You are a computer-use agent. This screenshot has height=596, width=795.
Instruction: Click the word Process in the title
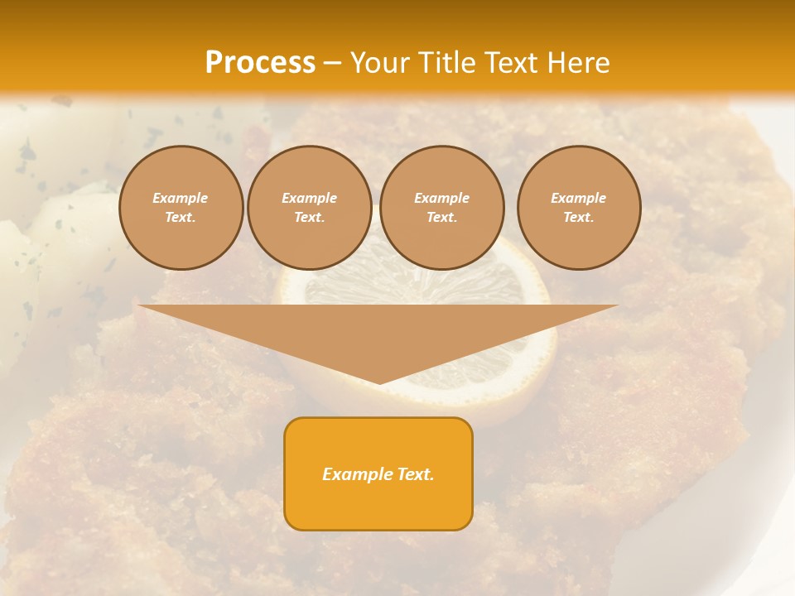click(260, 63)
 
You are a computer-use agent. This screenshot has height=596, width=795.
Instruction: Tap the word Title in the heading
click(448, 63)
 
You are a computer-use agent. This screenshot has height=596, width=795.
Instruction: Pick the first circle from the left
click(181, 208)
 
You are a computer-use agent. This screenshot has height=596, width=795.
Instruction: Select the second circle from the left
click(310, 208)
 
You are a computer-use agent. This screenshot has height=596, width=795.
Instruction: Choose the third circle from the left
click(442, 208)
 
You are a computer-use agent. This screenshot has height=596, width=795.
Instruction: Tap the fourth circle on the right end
click(579, 208)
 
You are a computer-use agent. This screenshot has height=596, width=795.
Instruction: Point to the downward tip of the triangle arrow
click(379, 382)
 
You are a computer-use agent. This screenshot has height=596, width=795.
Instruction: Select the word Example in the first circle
click(181, 198)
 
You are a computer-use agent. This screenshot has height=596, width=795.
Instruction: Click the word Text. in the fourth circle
click(579, 218)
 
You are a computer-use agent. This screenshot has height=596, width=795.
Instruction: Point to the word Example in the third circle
click(442, 198)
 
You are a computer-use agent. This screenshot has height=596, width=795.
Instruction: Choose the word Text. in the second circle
click(310, 218)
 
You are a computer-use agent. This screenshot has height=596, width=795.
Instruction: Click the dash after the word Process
click(332, 64)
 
